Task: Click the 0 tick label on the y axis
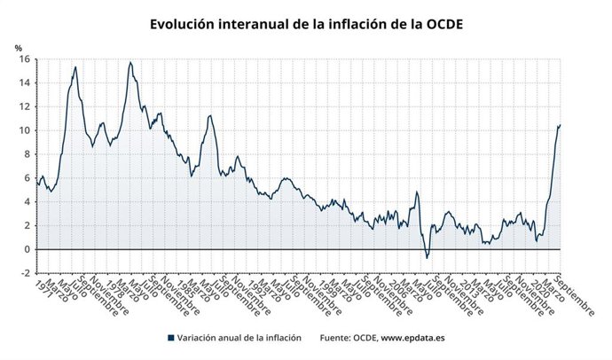coord(27,249)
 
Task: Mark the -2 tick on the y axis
coord(26,273)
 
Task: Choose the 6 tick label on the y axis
coord(27,178)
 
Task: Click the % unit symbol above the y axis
coord(18,47)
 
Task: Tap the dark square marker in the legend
coord(169,338)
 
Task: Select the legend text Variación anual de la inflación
coord(239,338)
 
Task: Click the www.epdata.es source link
coord(414,338)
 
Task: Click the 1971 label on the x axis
coord(37,288)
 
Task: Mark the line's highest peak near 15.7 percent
coord(130,62)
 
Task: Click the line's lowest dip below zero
coord(427,258)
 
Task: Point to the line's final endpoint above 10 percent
coord(561,125)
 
